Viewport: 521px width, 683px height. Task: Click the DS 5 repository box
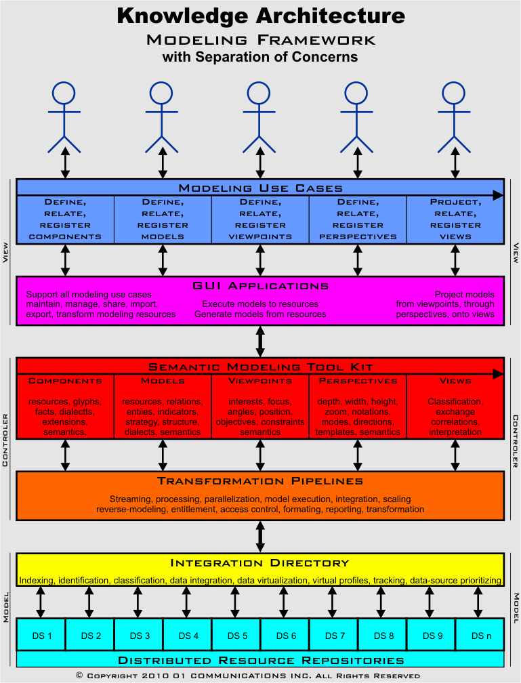236,636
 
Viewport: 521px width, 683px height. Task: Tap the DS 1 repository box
41,636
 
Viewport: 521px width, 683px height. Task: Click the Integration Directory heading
260,562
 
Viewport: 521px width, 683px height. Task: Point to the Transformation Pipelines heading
260,481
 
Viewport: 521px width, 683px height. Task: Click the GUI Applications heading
260,286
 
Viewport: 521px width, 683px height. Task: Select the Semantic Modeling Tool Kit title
260,367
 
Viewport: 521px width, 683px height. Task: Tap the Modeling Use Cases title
260,188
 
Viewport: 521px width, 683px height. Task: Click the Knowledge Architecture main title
261,16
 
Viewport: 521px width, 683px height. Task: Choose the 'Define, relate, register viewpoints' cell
260,219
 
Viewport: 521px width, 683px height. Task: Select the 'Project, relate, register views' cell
455,219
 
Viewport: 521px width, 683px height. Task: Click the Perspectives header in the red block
358,381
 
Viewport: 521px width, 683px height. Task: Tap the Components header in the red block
65,381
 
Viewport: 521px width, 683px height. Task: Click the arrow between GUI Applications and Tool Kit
260,341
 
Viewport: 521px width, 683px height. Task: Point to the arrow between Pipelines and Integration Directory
260,537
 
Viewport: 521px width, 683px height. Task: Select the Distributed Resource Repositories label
260,659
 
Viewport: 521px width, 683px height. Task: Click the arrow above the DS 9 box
430,602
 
